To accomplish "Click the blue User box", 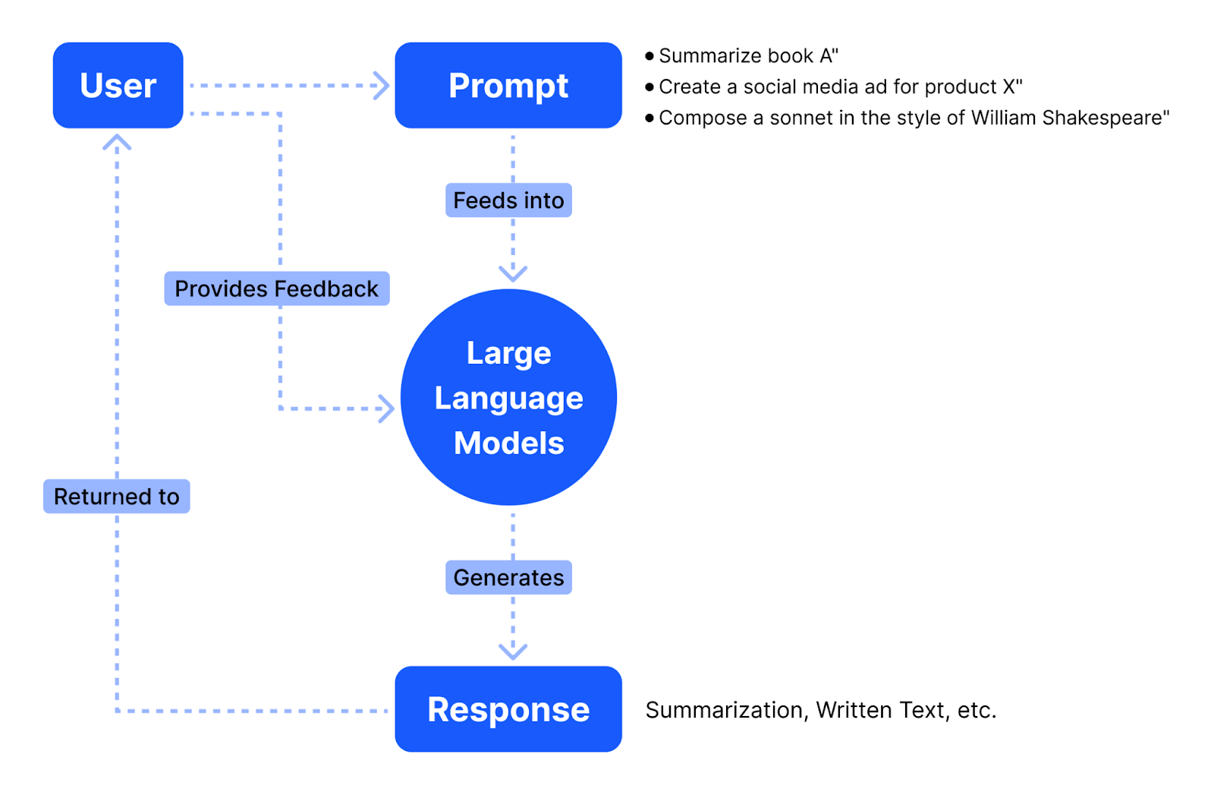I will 118,85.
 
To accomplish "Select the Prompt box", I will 508,85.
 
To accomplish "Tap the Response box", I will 508,708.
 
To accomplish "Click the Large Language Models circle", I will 508,397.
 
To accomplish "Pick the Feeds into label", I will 508,200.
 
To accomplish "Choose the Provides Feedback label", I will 276,289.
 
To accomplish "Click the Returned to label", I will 116,497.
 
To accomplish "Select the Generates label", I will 508,578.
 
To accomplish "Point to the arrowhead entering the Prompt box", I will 382,85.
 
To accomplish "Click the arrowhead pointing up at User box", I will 117,142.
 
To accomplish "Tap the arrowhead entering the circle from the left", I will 387,409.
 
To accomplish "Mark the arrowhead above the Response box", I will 513,652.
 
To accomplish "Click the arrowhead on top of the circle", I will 513,273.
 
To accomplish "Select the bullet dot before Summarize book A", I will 649,55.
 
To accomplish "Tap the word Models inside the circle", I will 508,443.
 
